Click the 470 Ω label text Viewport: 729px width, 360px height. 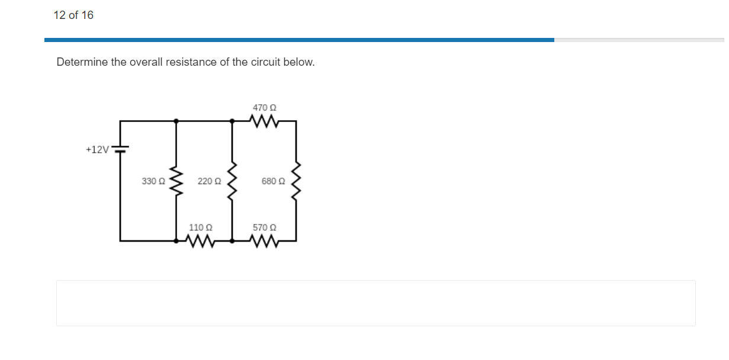265,108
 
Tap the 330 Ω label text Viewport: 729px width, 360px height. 153,181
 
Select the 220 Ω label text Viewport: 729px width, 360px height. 209,181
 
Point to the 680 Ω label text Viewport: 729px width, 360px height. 273,181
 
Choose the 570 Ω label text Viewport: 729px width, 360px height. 265,227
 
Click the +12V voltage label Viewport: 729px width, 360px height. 97,150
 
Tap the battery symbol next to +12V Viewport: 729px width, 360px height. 121,149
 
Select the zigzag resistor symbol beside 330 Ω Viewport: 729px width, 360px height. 176,181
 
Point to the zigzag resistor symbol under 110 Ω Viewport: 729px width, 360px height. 200,241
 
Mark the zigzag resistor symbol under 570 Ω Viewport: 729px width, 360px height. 264,241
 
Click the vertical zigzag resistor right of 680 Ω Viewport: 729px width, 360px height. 296,181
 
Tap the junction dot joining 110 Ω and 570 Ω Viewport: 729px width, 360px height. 232,241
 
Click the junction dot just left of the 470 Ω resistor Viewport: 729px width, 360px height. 232,120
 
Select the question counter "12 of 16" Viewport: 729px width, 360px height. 73,15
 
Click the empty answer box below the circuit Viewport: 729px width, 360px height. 375,303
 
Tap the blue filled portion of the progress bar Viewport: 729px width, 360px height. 299,40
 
